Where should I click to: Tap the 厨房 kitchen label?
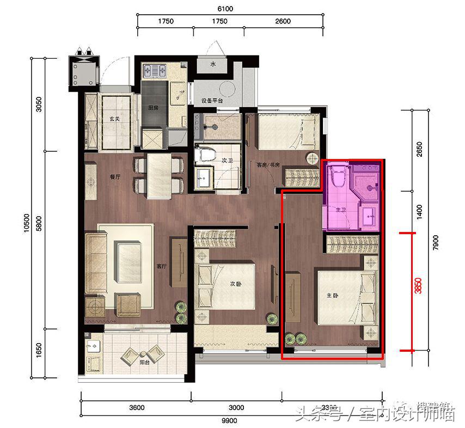154,108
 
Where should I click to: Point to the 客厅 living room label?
161,266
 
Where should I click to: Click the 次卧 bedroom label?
235,284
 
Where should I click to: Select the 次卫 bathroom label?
228,161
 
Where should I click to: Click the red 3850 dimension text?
418,286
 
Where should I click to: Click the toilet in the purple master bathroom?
336,175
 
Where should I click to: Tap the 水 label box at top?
214,64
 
